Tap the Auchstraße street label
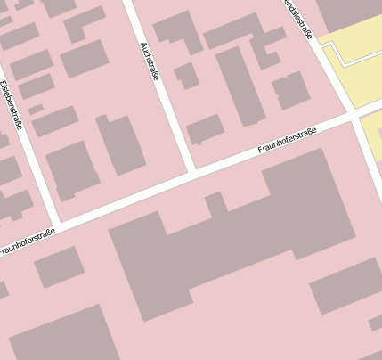149,61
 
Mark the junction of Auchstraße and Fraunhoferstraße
191,170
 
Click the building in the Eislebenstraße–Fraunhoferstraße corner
72,169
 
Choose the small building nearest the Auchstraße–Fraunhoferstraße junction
205,129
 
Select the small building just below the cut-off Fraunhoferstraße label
59,266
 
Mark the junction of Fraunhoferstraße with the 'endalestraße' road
354,113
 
